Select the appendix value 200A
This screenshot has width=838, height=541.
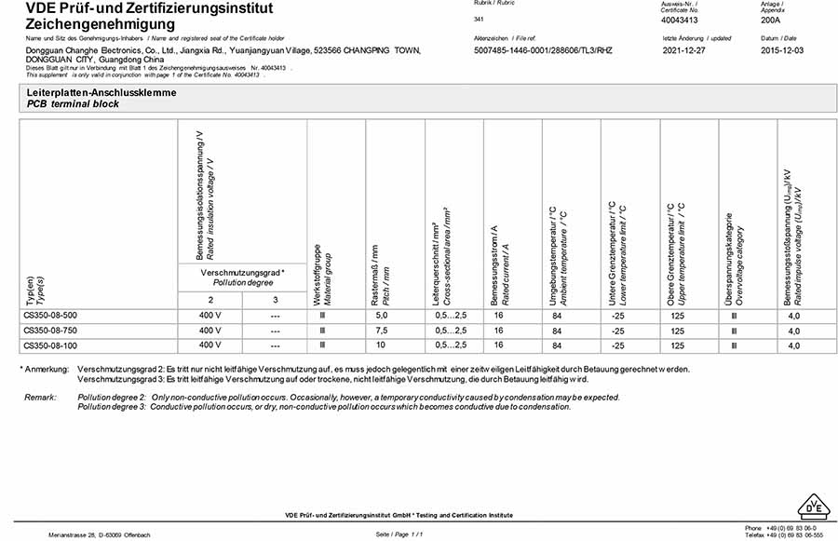coord(771,19)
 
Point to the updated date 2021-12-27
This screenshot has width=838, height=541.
coord(685,50)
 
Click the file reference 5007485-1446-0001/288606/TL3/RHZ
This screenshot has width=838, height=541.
coord(544,50)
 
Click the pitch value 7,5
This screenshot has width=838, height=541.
coord(379,331)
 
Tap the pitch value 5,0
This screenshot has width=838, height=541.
coord(379,316)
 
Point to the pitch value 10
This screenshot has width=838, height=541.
coord(379,345)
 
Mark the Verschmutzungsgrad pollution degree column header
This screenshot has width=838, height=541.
coord(242,277)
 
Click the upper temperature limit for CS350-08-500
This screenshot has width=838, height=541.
coord(677,316)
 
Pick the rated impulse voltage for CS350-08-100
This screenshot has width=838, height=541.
coord(793,345)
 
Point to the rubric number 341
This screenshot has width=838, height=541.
coord(479,19)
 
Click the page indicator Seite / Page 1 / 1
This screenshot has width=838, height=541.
coord(399,534)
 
